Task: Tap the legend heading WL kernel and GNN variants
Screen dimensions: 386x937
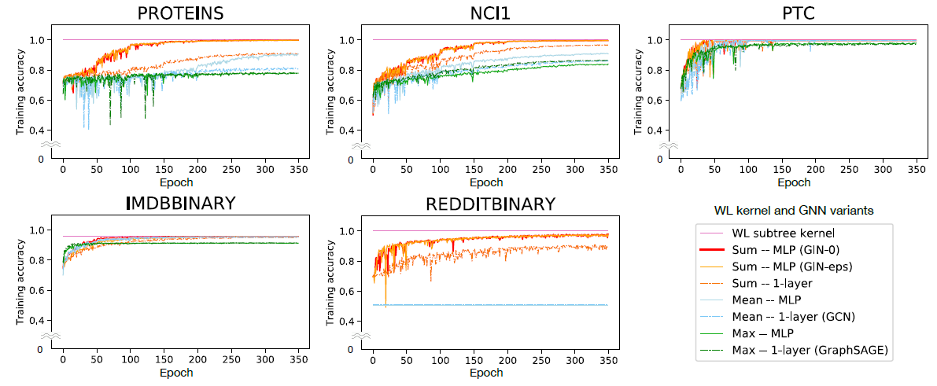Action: click(x=795, y=211)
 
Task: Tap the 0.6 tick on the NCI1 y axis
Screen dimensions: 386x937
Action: click(x=345, y=99)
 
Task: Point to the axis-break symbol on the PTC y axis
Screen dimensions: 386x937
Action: click(x=668, y=147)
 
